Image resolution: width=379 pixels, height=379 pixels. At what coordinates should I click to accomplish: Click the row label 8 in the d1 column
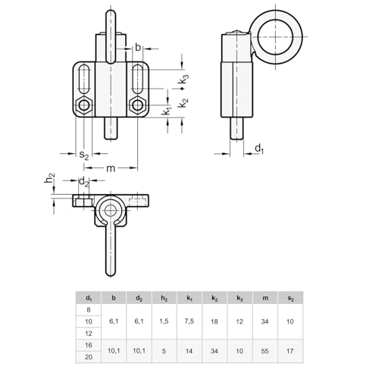pos(89,309)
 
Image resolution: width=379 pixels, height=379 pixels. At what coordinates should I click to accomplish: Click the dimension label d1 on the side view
pos(259,148)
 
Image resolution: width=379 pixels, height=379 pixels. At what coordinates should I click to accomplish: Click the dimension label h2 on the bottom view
pos(49,179)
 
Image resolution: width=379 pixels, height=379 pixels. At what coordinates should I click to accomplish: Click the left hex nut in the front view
pos(83,105)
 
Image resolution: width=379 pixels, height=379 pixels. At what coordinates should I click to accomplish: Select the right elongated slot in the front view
pos(138,79)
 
